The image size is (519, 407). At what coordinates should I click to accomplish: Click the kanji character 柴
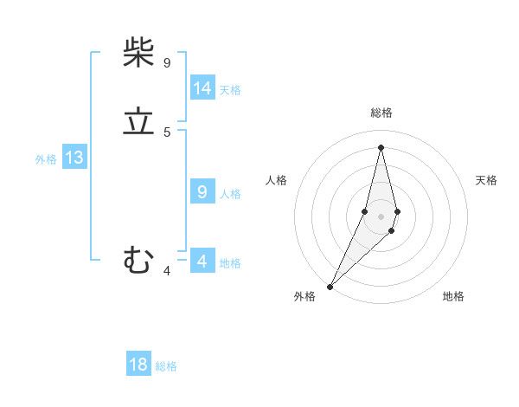click(x=138, y=54)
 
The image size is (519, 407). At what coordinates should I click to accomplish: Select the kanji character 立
click(x=138, y=122)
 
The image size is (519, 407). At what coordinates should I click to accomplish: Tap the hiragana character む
click(x=138, y=259)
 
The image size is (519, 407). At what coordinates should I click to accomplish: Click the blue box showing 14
click(x=202, y=88)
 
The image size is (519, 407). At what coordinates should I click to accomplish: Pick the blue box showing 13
click(x=74, y=158)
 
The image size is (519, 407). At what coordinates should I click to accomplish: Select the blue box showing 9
click(x=202, y=192)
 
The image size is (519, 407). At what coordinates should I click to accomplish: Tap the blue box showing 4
click(x=202, y=262)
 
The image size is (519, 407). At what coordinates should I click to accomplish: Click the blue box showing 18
click(x=138, y=365)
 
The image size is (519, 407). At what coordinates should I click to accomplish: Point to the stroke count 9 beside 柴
click(x=167, y=62)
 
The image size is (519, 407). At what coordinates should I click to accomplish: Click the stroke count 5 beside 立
click(x=167, y=132)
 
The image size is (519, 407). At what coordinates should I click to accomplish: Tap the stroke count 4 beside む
click(x=167, y=271)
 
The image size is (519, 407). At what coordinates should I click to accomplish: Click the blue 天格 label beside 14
click(x=230, y=89)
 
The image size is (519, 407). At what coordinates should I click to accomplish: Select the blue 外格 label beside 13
click(x=46, y=159)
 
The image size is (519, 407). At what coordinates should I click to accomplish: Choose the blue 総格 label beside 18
click(x=166, y=366)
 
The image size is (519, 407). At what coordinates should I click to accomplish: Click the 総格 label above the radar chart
click(x=381, y=113)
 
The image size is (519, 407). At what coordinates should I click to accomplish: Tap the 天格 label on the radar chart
click(x=486, y=180)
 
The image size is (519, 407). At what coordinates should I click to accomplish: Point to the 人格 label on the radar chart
click(x=277, y=180)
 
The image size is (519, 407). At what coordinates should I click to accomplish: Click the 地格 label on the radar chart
click(x=453, y=296)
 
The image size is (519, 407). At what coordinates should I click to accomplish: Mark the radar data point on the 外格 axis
click(x=330, y=286)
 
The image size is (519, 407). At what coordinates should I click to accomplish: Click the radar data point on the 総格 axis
click(x=381, y=147)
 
